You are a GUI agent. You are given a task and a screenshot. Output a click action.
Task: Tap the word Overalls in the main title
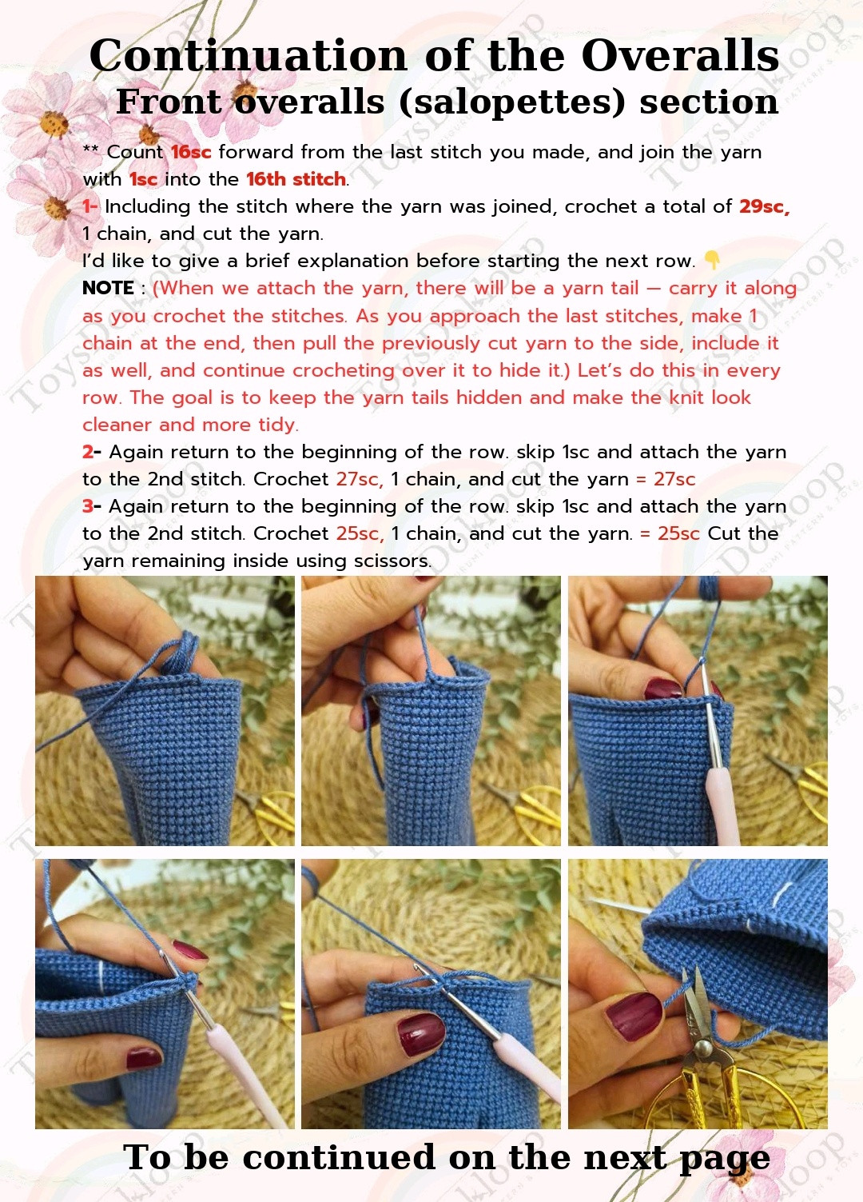(x=680, y=55)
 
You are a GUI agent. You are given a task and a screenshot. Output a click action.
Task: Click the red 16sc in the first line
(x=191, y=152)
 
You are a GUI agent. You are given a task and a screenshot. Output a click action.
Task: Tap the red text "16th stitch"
(x=296, y=179)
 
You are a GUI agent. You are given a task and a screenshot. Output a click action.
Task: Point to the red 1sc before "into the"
(x=143, y=179)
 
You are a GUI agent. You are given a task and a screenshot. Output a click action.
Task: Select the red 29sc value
(x=765, y=206)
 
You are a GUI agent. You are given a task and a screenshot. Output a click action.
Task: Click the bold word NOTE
(x=109, y=288)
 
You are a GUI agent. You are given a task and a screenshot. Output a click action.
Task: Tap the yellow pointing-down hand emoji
(x=711, y=260)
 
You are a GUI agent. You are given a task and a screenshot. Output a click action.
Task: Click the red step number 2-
(x=92, y=452)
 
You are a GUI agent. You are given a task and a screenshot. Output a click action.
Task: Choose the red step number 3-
(x=92, y=506)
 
